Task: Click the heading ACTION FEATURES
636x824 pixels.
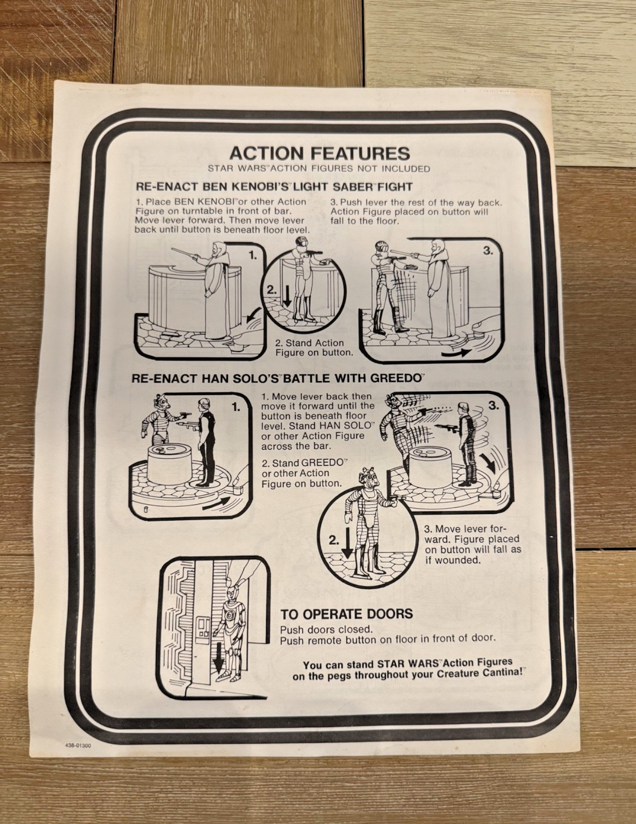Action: pyautogui.click(x=320, y=153)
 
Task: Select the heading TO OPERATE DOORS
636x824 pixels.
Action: pyautogui.click(x=346, y=614)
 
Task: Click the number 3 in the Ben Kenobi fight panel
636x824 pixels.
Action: pyautogui.click(x=488, y=251)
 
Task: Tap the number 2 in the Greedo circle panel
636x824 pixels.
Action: pyautogui.click(x=333, y=540)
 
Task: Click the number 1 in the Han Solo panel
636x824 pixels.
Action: pyautogui.click(x=236, y=407)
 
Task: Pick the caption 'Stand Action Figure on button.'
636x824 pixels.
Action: pyautogui.click(x=314, y=347)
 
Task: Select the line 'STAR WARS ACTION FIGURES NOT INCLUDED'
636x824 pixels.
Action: pyautogui.click(x=319, y=168)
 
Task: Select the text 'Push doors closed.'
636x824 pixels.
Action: pyautogui.click(x=327, y=629)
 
